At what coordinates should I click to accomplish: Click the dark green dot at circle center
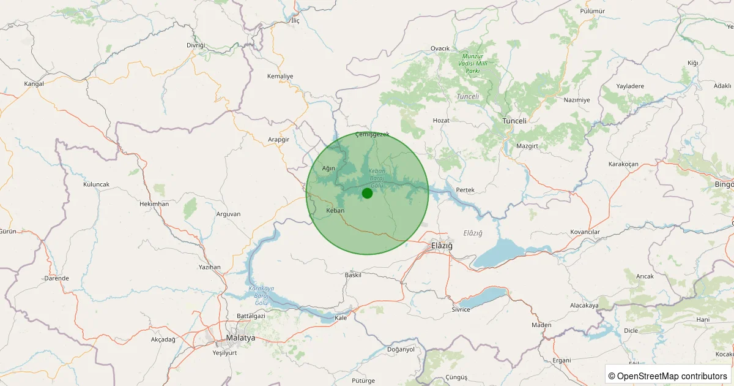(367, 194)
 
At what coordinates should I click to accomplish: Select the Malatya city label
(240, 338)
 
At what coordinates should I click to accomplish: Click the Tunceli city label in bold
(514, 121)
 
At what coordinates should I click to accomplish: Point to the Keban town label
(336, 210)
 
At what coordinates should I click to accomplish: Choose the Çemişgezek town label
(372, 134)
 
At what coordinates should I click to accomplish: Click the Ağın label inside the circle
(329, 168)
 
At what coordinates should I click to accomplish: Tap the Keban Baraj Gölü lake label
(376, 178)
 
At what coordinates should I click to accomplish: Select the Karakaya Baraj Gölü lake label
(261, 295)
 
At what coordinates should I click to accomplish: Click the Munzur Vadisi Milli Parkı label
(473, 63)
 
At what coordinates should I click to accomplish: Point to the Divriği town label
(196, 46)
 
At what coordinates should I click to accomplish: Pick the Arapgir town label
(278, 140)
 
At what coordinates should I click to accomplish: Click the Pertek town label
(465, 190)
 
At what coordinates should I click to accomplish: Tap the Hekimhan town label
(154, 203)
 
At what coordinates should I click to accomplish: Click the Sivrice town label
(461, 309)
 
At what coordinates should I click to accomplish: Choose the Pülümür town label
(591, 11)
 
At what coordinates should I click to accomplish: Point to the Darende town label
(56, 278)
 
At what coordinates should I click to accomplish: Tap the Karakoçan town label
(623, 164)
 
